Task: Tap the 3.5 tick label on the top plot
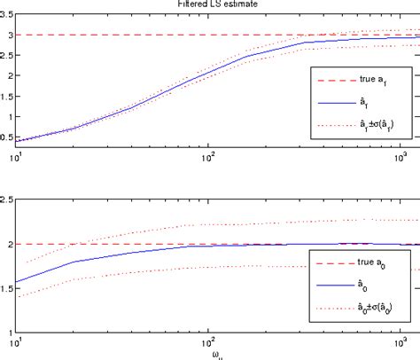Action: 7,12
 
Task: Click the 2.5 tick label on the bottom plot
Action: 7,201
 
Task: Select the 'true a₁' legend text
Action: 369,79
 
